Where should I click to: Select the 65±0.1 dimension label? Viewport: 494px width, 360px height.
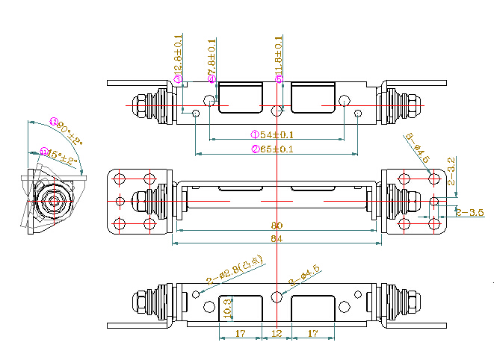(277, 149)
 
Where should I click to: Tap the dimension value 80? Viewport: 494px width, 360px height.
(277, 226)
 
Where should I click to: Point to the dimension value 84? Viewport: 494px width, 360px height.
(277, 238)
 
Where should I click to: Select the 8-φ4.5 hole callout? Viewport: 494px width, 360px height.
(418, 148)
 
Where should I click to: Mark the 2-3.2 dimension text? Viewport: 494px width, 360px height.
(451, 171)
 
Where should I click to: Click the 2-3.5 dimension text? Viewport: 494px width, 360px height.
(471, 212)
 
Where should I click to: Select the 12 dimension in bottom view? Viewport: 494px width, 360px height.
(277, 332)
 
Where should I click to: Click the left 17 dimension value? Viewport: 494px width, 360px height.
(241, 332)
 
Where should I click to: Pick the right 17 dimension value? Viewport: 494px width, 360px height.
(313, 332)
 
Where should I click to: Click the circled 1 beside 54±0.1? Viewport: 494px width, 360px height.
(254, 134)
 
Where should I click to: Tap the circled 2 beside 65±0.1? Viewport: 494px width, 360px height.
(254, 149)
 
